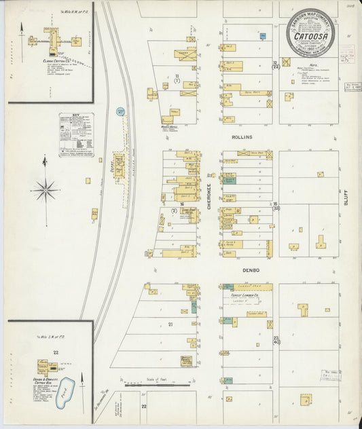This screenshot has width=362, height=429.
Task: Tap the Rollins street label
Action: click(241, 136)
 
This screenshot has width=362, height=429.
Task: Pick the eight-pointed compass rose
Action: click(45, 189)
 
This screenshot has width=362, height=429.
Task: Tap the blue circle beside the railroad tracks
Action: click(121, 111)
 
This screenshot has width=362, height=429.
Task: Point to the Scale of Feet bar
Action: click(157, 384)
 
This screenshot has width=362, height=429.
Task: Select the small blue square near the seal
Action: click(263, 35)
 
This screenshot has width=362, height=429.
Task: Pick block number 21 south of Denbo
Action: click(170, 324)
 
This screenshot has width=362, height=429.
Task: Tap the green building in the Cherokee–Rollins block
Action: click(230, 181)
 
